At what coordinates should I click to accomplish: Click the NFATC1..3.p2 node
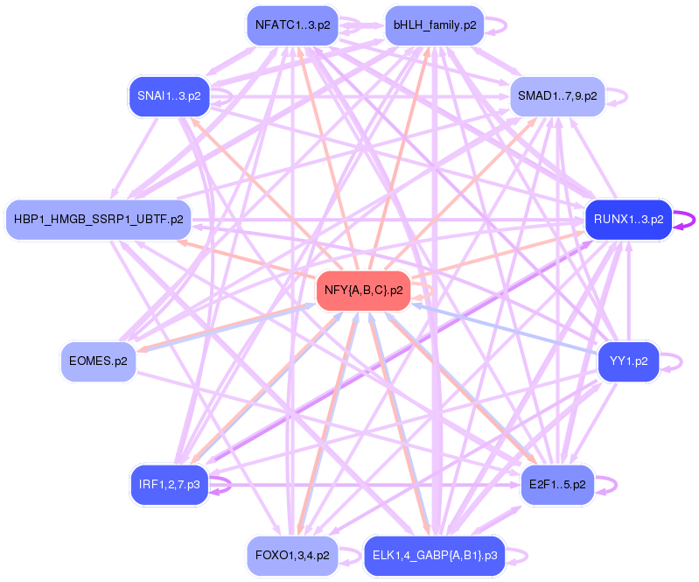(x=292, y=25)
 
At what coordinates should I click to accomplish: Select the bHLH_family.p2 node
(x=435, y=25)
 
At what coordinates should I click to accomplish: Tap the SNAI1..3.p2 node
(x=169, y=96)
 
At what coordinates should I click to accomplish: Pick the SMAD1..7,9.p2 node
(x=557, y=96)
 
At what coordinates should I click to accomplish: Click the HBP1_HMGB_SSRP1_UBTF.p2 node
(x=98, y=219)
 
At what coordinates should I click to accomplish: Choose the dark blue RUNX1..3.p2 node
(x=628, y=219)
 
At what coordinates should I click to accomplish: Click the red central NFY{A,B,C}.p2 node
(x=363, y=291)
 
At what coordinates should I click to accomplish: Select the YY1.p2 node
(x=628, y=361)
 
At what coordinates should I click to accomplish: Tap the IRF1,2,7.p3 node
(x=169, y=484)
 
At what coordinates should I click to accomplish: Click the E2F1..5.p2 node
(x=557, y=484)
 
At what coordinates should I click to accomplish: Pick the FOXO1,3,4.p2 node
(x=292, y=555)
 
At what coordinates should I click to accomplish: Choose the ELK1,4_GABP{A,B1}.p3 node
(x=435, y=555)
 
